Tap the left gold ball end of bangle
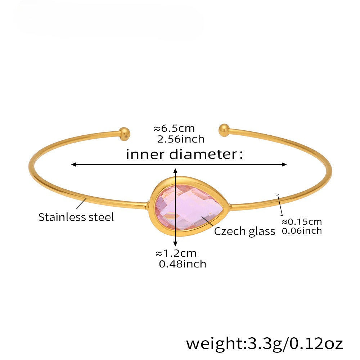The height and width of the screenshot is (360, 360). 125,134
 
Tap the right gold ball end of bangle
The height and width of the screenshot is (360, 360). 224,130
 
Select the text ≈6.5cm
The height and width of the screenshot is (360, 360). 174,129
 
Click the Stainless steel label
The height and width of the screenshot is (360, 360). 76,217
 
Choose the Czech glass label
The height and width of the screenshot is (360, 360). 244,231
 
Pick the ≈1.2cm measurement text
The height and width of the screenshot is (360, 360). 176,253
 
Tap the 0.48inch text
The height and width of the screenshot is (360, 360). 183,264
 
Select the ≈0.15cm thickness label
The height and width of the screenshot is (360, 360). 302,222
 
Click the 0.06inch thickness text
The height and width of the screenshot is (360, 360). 302,231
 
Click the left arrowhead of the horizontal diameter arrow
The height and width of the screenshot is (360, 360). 73,165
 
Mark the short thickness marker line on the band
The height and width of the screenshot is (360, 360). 280,205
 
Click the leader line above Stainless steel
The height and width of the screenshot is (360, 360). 82,203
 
